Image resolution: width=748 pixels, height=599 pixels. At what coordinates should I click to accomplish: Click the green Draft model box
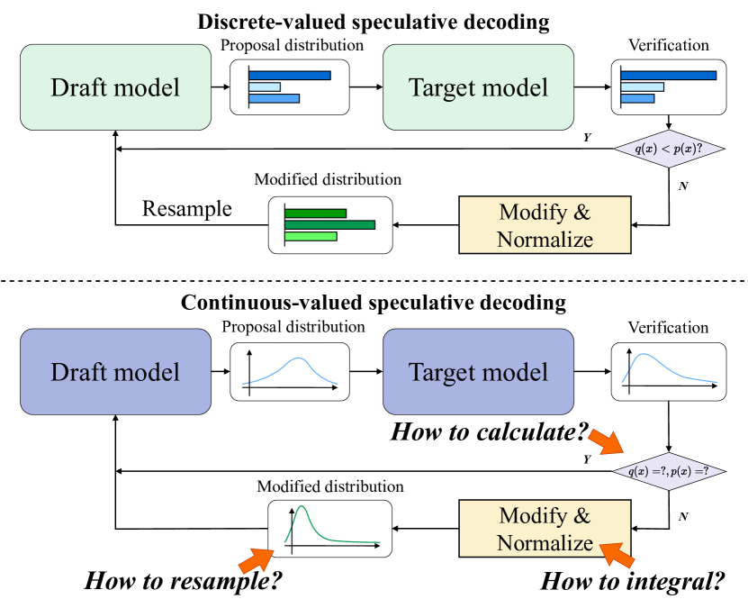115,87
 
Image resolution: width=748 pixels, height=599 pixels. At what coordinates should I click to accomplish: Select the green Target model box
478,87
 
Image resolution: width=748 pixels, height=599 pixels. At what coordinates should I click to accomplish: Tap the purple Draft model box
115,372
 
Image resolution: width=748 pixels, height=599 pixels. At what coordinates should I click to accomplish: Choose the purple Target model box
478,372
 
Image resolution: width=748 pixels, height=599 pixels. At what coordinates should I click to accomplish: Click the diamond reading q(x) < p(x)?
668,149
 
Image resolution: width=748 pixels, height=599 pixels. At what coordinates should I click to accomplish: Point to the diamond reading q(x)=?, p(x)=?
668,471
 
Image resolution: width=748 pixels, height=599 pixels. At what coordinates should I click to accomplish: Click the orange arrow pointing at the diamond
605,442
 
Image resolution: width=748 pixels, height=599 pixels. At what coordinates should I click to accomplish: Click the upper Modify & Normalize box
545,225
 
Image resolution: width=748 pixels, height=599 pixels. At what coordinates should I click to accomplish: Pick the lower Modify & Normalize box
545,529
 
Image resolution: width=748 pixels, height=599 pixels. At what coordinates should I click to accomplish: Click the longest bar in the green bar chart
329,224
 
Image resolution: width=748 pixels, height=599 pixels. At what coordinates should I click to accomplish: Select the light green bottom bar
311,236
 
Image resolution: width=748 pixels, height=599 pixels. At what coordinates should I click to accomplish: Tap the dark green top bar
315,213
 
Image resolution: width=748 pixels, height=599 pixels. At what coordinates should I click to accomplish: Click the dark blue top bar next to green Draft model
290,75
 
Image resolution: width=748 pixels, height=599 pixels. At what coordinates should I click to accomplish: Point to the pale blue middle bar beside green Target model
642,87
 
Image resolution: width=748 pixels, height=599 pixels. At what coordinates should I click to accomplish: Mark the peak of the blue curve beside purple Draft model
297,359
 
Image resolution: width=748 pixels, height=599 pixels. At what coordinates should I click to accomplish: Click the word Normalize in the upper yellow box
545,240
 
